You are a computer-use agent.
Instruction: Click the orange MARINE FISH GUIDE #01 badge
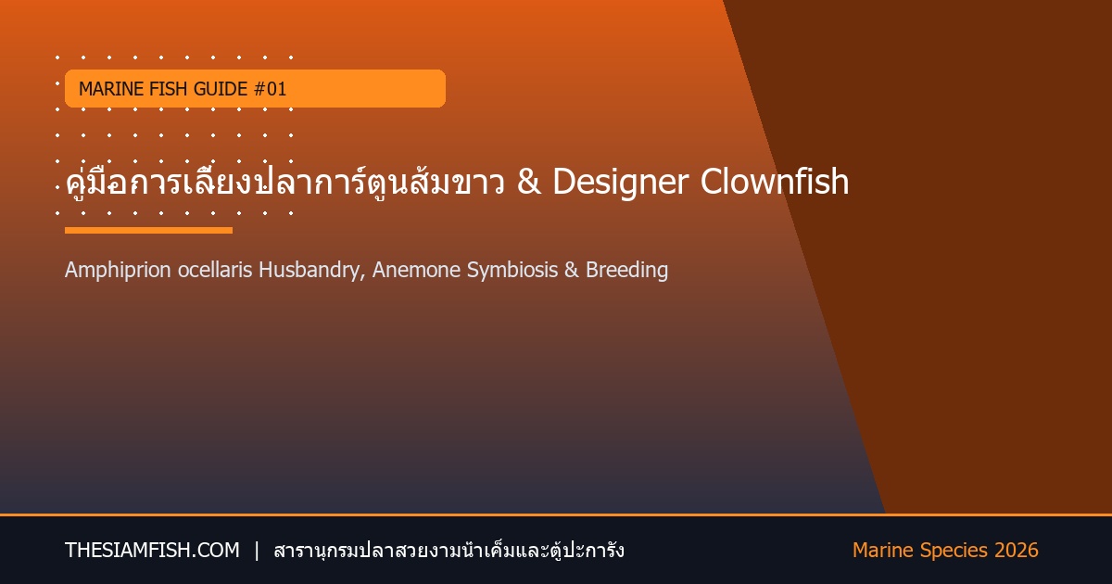(x=255, y=88)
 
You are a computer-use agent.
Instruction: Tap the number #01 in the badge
(x=270, y=89)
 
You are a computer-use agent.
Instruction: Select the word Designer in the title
(x=621, y=183)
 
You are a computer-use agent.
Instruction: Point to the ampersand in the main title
(x=529, y=181)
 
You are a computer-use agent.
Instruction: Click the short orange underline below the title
(x=148, y=231)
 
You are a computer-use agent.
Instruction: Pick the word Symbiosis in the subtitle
(x=512, y=271)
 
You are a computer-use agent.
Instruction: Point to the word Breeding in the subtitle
(x=626, y=271)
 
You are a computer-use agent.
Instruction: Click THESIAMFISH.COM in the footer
(x=152, y=551)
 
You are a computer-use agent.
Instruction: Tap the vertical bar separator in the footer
(x=257, y=551)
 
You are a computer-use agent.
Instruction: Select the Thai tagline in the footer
(x=449, y=551)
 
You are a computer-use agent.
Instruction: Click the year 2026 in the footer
(x=1017, y=551)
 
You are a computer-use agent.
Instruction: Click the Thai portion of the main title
(x=285, y=182)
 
